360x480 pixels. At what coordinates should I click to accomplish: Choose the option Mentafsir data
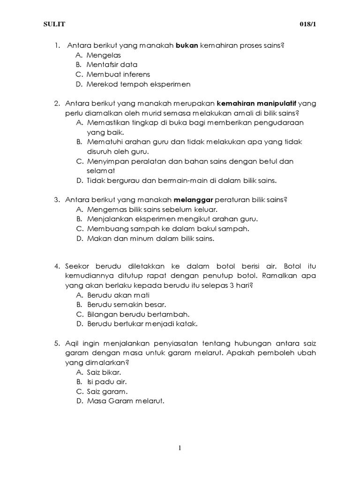pos(112,65)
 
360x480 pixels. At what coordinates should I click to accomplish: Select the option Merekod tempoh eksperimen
pos(132,84)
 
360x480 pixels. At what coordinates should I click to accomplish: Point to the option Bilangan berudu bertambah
pos(138,315)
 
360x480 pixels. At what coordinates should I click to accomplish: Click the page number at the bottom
pos(180,448)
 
